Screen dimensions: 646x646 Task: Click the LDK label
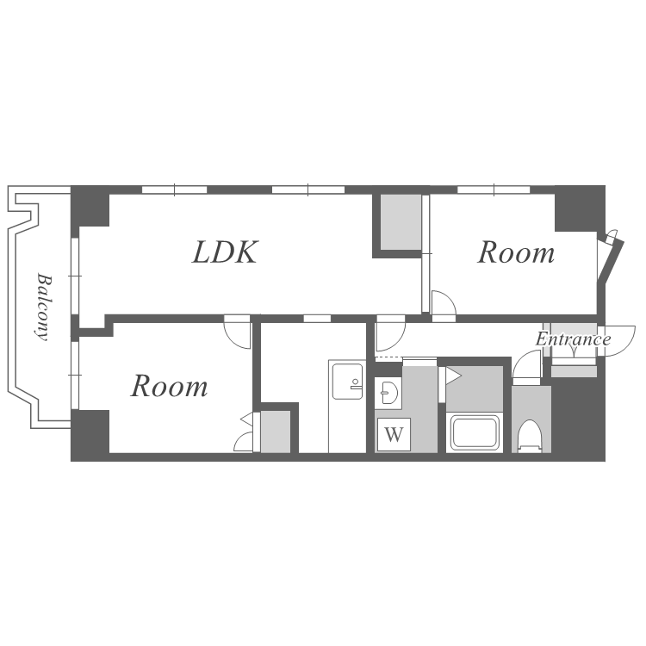pos(225,252)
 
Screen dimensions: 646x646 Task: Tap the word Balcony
pos(44,307)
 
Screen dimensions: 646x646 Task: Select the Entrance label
pos(573,339)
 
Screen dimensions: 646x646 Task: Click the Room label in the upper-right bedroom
pos(516,252)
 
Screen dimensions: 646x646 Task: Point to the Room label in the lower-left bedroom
pos(169,386)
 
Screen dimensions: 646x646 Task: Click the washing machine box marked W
pos(394,434)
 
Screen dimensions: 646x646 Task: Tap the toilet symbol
pos(530,437)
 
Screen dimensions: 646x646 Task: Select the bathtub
pos(475,432)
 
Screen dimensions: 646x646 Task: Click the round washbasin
pos(389,392)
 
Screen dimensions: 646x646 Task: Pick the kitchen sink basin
pos(347,382)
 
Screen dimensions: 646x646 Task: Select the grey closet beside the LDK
pos(401,222)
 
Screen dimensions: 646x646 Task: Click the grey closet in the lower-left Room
pos(276,432)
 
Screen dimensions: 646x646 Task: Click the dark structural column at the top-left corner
pos(90,206)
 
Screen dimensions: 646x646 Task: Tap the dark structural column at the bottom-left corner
pos(90,435)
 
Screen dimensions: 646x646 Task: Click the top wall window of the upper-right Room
pos(494,190)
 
